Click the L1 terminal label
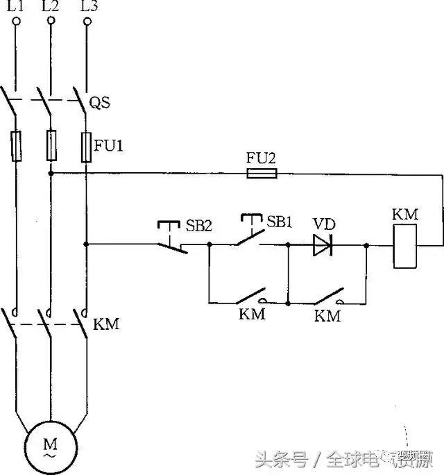click(x=15, y=7)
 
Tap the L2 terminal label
click(x=51, y=7)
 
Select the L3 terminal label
click(x=87, y=7)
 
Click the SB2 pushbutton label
click(x=197, y=226)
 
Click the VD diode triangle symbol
click(x=321, y=244)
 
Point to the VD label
click(x=323, y=224)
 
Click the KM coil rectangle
click(x=405, y=245)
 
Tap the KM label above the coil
click(x=405, y=214)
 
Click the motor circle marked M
click(x=51, y=447)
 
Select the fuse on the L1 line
click(x=15, y=147)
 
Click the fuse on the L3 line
click(x=87, y=147)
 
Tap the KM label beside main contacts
click(x=106, y=324)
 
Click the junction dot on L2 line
click(x=51, y=173)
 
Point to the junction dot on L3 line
click(x=87, y=244)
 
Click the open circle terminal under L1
click(x=15, y=22)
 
